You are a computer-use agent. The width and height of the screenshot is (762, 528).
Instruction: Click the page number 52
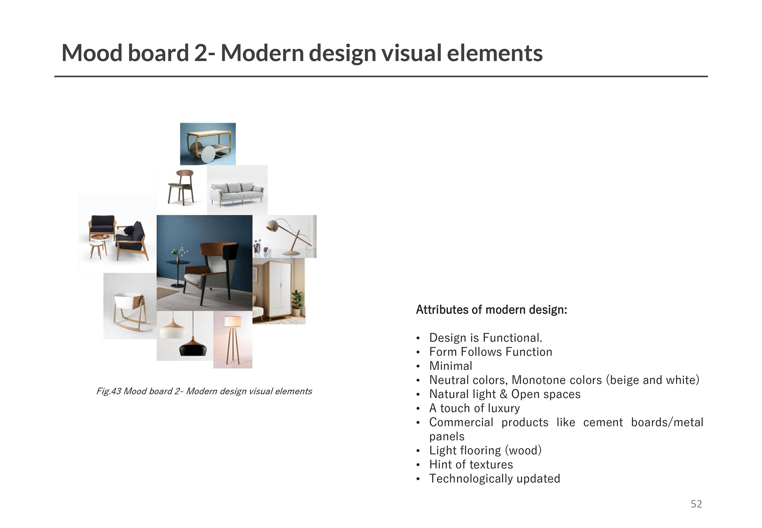[696, 504]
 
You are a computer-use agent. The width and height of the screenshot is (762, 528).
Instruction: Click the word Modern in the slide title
[262, 53]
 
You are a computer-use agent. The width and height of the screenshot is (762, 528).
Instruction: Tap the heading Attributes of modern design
[491, 310]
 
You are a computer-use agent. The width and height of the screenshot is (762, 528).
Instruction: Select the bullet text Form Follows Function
[491, 352]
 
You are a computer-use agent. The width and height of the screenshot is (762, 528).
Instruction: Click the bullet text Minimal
[451, 366]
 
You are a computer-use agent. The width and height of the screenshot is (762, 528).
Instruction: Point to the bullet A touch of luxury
[474, 408]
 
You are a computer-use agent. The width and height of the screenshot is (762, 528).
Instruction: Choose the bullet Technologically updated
[495, 479]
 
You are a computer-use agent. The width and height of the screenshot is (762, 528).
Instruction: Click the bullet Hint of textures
[471, 465]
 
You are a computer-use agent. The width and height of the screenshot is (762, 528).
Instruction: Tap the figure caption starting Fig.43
[204, 392]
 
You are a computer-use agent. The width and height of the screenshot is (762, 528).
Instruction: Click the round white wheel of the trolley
[208, 154]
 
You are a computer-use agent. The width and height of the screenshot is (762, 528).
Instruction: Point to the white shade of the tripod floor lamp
[233, 321]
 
